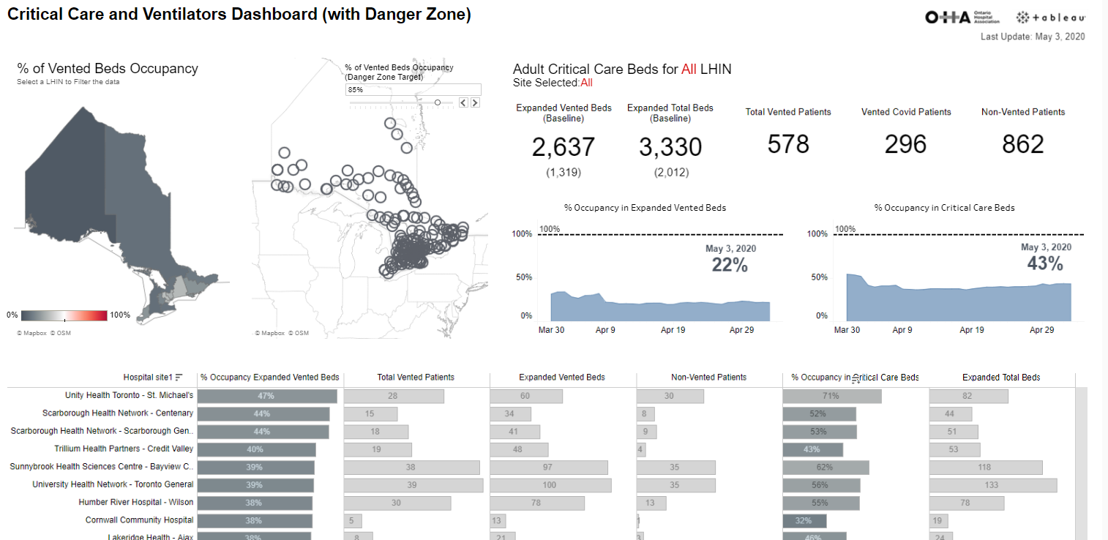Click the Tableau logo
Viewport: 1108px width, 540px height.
(1051, 18)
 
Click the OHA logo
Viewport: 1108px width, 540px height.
(962, 18)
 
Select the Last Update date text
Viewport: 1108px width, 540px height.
(1032, 37)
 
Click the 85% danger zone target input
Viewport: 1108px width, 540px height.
(413, 89)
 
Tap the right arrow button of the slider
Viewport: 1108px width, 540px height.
(475, 103)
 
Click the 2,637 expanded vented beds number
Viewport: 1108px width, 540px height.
(563, 147)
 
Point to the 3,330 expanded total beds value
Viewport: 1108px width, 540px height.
(670, 147)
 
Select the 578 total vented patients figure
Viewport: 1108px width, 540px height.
(787, 144)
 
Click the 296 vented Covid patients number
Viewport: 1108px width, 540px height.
(905, 144)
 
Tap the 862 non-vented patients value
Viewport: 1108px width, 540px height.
(1022, 144)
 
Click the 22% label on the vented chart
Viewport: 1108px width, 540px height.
(730, 266)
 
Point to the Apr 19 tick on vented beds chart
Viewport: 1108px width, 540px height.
(673, 330)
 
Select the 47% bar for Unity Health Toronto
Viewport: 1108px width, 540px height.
(267, 396)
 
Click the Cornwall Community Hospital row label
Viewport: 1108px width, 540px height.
(139, 520)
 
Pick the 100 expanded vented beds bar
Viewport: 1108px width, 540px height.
(550, 485)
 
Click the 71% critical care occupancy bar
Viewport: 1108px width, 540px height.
(831, 396)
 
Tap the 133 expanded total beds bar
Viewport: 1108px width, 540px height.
(992, 485)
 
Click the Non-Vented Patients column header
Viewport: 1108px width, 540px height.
(708, 378)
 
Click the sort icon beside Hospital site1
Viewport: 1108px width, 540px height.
(179, 378)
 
